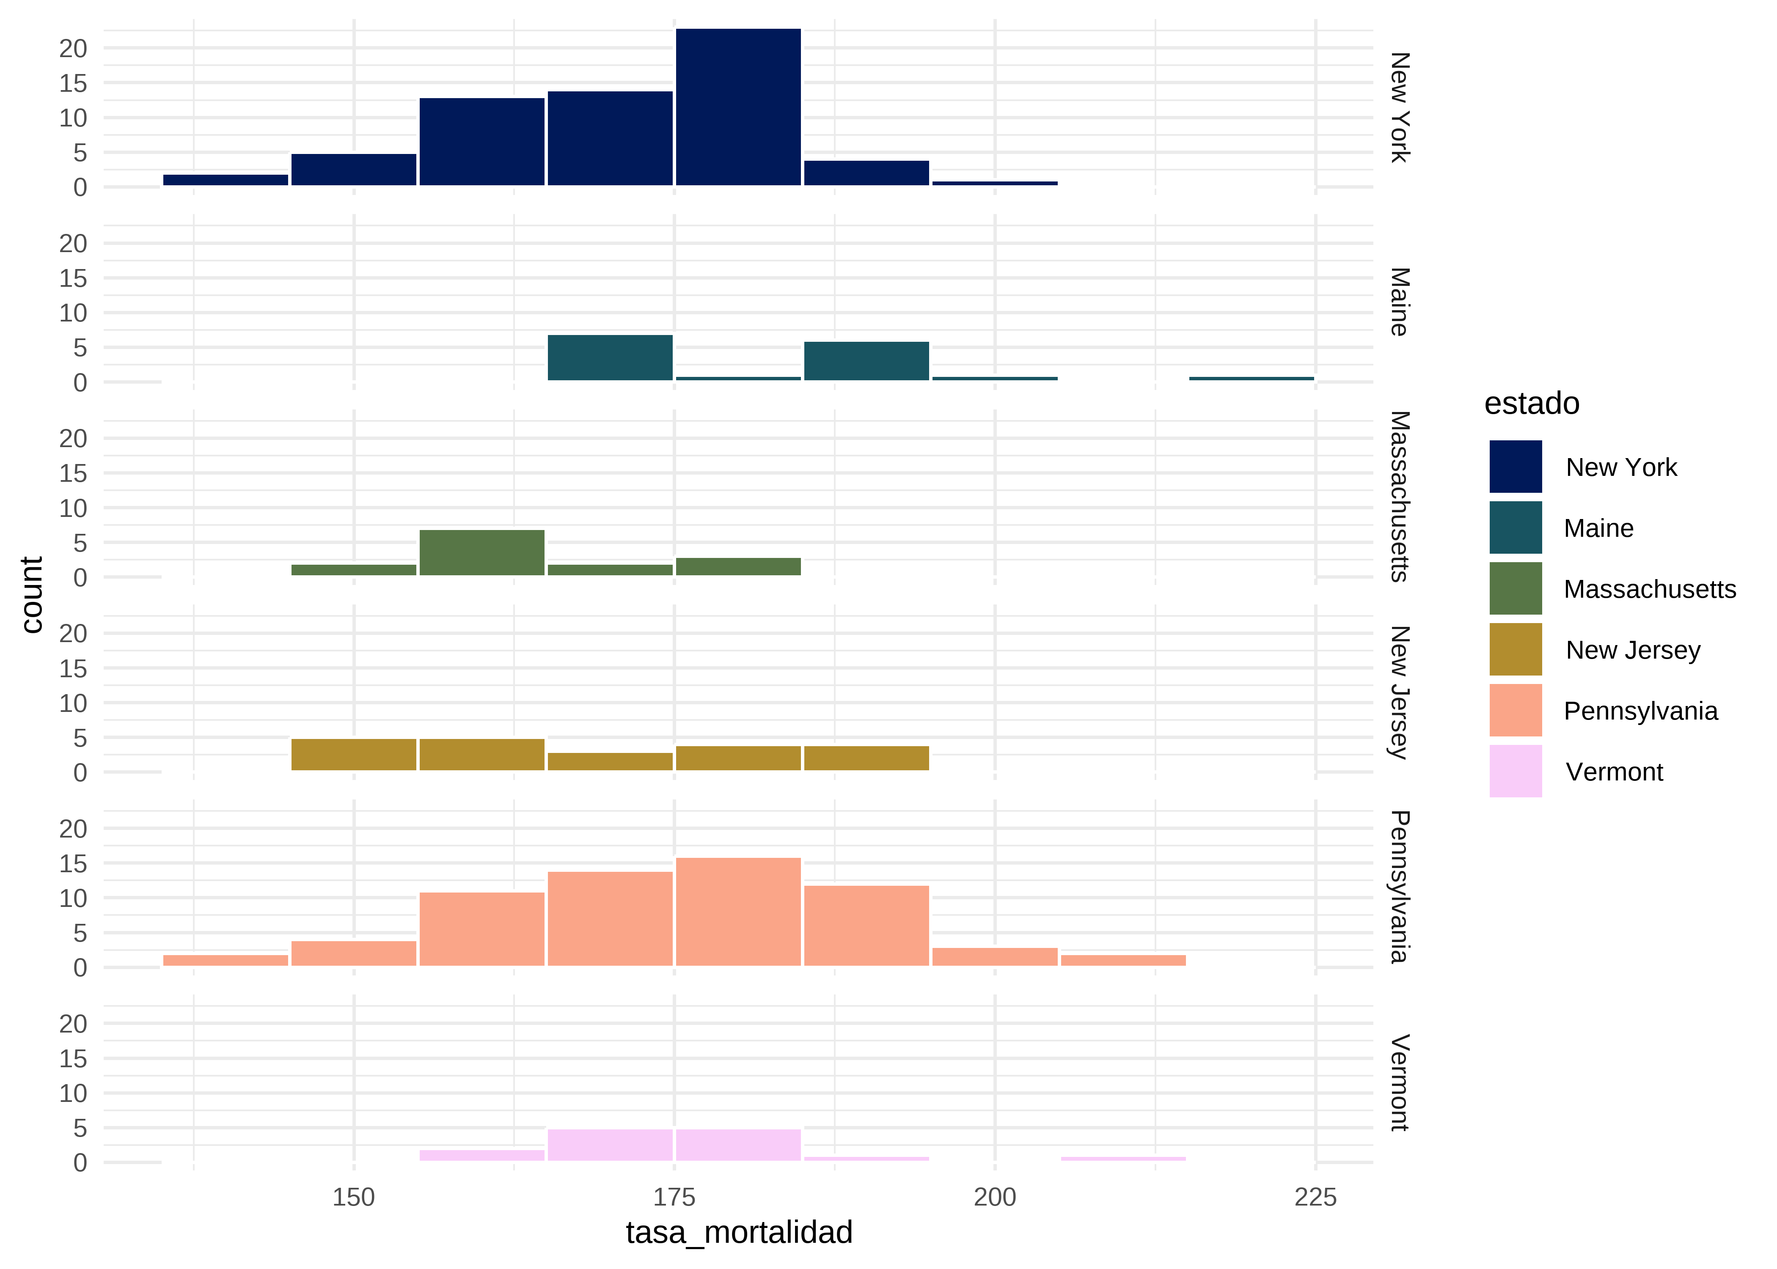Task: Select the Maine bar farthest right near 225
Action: tap(1251, 378)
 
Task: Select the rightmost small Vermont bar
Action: tap(1123, 1158)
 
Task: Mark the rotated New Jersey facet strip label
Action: tap(1399, 692)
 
